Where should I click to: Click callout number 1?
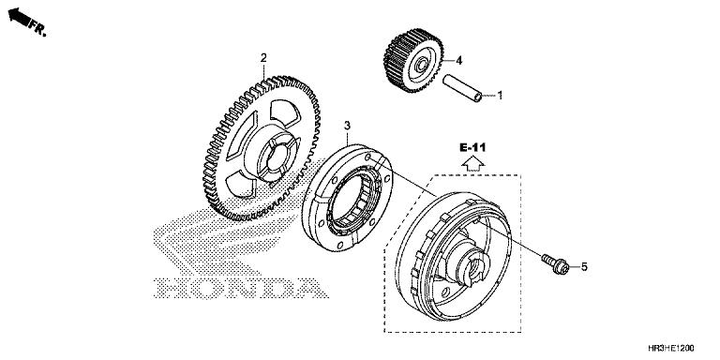coord(500,95)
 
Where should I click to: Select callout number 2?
coord(264,58)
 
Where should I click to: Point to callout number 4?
coord(460,61)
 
